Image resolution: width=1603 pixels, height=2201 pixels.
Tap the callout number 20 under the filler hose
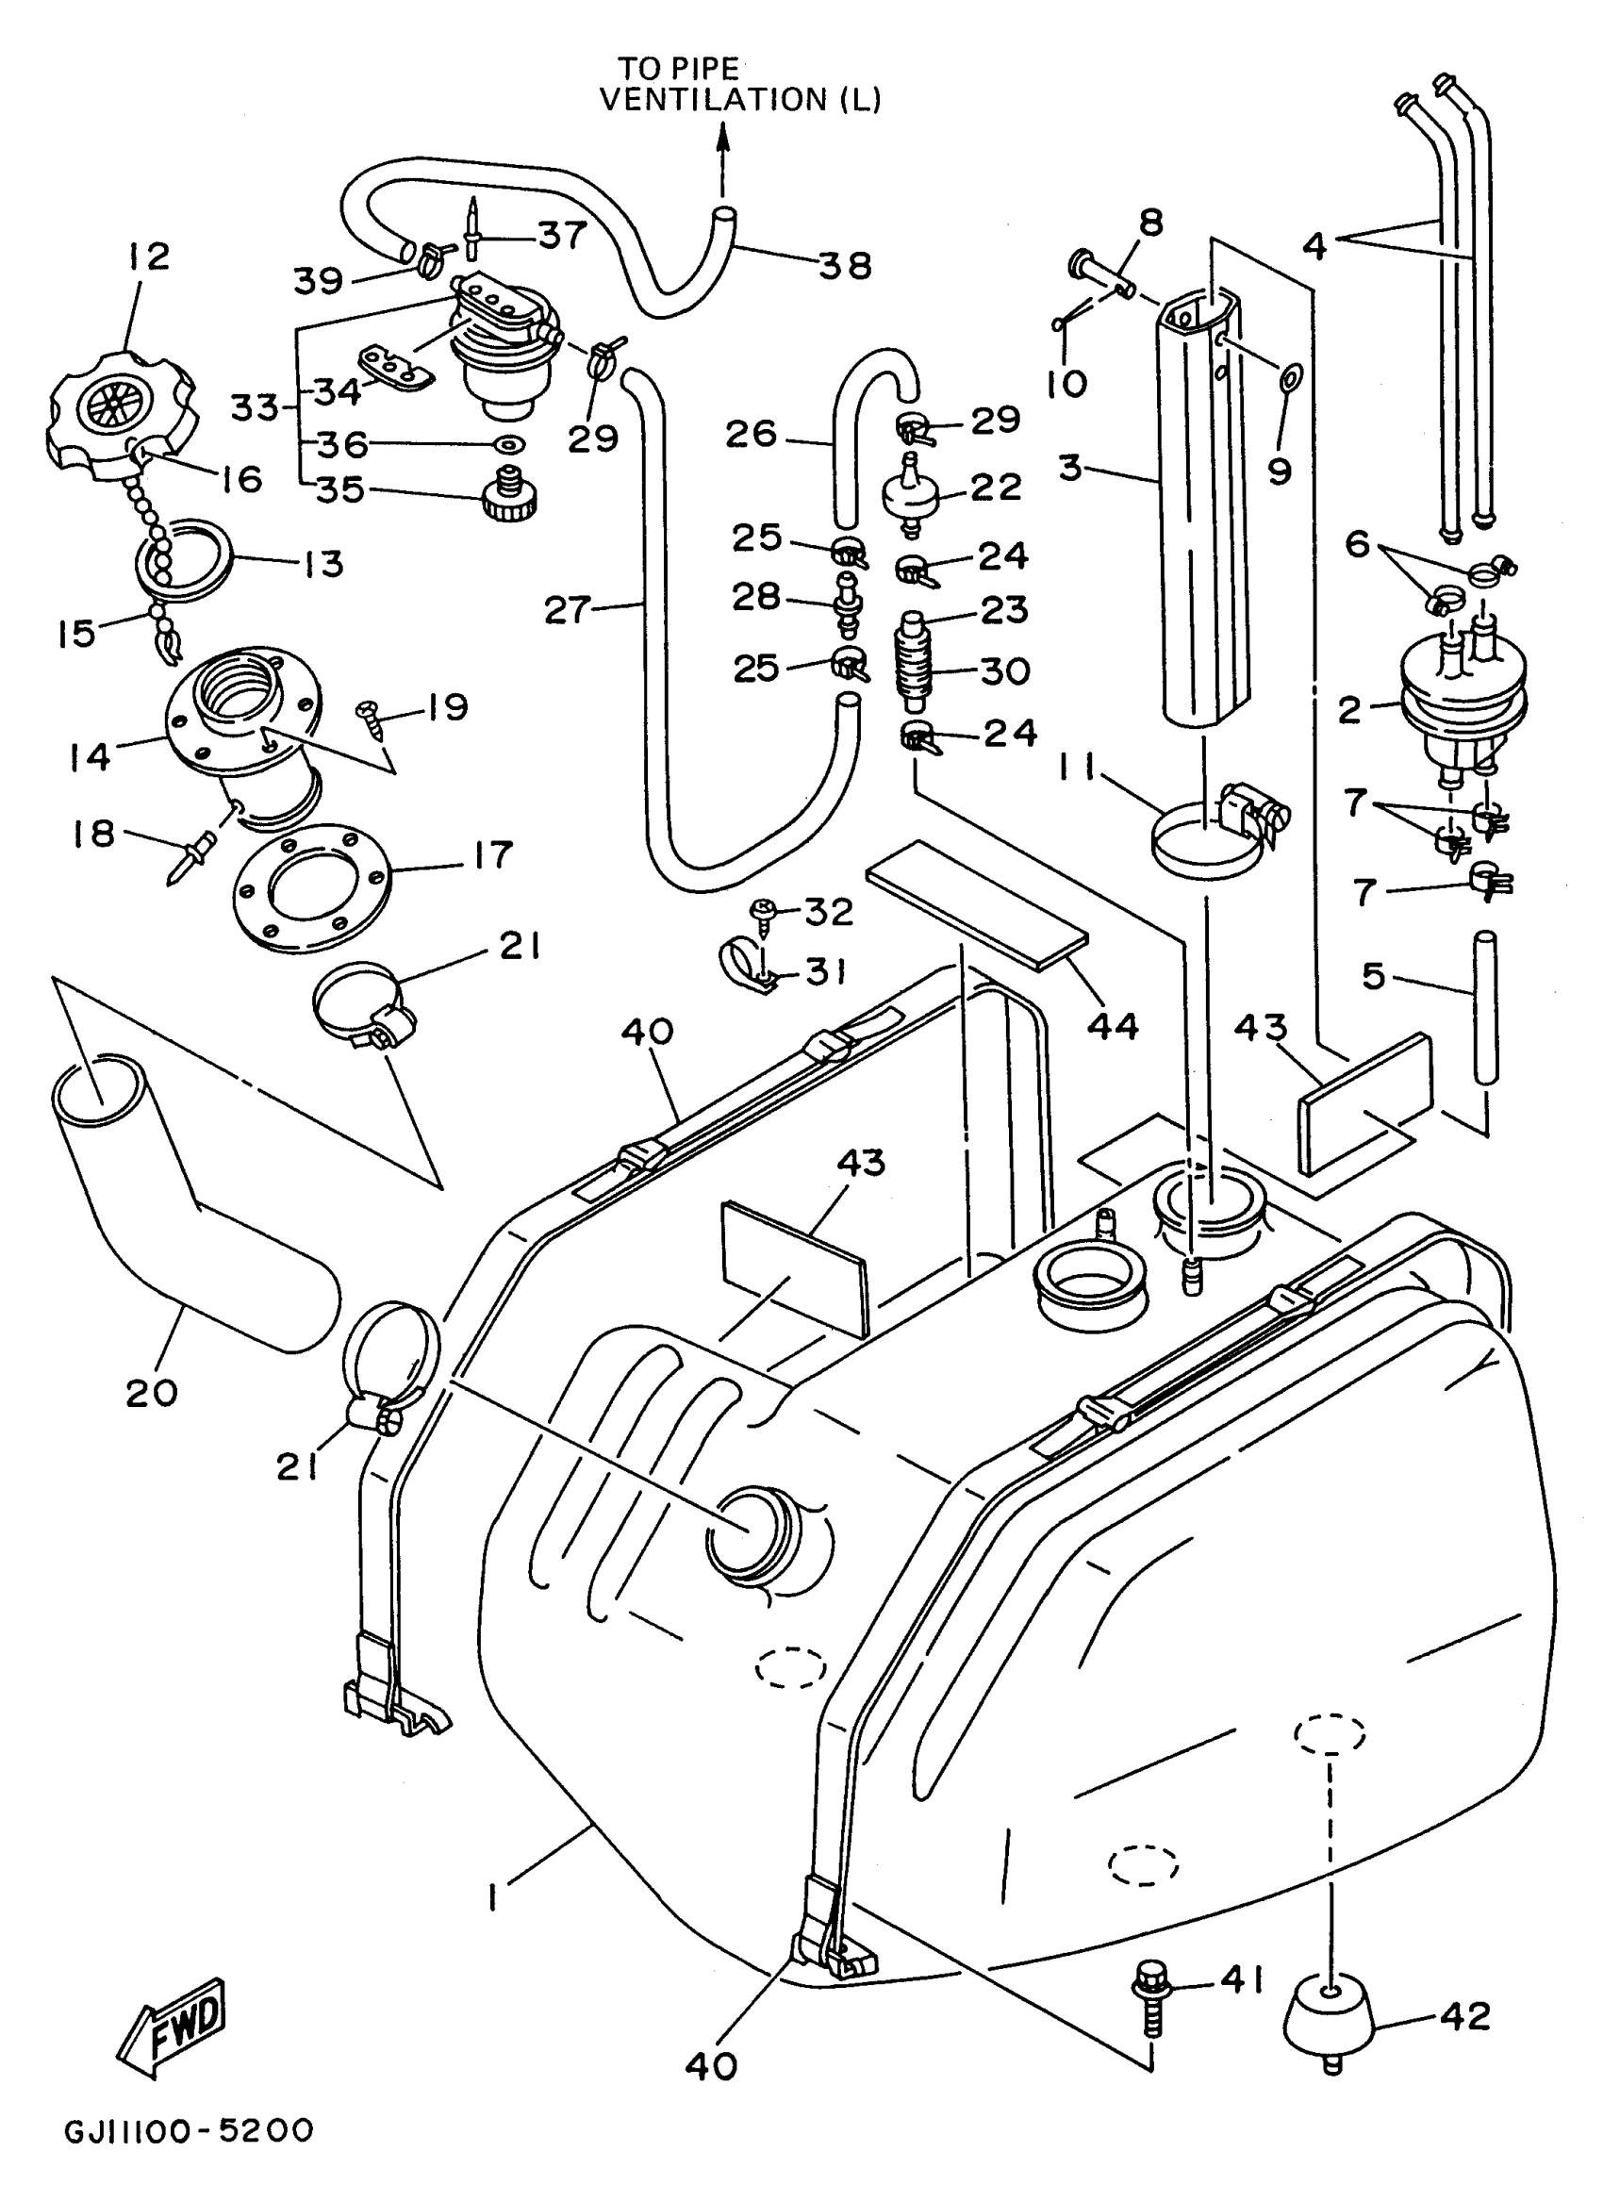pos(152,1394)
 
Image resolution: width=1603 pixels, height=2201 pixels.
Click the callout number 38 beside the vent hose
pos(844,265)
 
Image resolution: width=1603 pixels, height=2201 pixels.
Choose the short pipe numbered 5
pos(1484,1007)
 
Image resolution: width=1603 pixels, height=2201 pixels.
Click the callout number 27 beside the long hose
pos(568,609)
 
